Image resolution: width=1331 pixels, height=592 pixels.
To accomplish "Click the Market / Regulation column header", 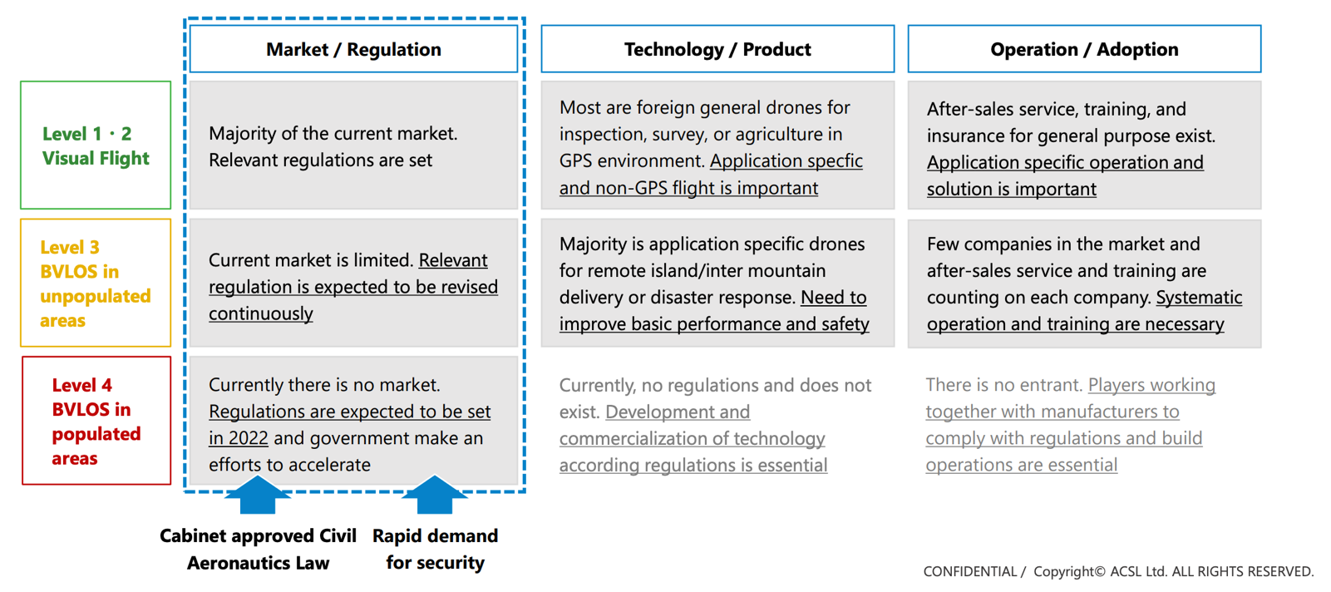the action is click(353, 49).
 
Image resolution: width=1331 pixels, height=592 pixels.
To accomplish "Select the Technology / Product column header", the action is click(717, 49).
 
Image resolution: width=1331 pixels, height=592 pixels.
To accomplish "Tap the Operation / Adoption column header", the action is click(1084, 49).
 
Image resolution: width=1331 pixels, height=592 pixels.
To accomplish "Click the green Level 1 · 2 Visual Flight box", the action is click(96, 145).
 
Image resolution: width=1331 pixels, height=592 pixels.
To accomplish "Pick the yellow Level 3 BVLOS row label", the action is click(96, 283).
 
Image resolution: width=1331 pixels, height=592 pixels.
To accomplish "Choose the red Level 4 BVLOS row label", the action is click(96, 420).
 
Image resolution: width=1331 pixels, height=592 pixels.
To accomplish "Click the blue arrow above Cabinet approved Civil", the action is click(257, 495).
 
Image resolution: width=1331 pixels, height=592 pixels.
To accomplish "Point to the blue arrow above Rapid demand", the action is click(434, 495).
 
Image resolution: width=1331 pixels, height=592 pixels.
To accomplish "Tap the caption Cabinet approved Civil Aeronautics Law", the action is click(258, 550).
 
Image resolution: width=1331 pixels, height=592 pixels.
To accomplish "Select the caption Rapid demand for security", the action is click(435, 550).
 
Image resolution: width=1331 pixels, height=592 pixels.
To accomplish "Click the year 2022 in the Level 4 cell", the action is click(248, 438).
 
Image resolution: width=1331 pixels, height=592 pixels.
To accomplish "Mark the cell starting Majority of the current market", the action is click(353, 145).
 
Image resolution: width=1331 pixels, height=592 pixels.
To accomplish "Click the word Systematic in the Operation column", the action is click(1199, 297).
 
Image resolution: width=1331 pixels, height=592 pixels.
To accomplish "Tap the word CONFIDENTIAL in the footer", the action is click(969, 572).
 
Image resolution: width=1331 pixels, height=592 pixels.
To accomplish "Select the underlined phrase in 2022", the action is click(239, 438).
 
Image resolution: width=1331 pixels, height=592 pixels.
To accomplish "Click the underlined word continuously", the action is click(261, 313).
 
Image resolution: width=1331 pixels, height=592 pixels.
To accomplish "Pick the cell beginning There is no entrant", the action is click(1084, 424).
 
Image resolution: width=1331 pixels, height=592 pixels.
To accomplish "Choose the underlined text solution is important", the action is click(1011, 189).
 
